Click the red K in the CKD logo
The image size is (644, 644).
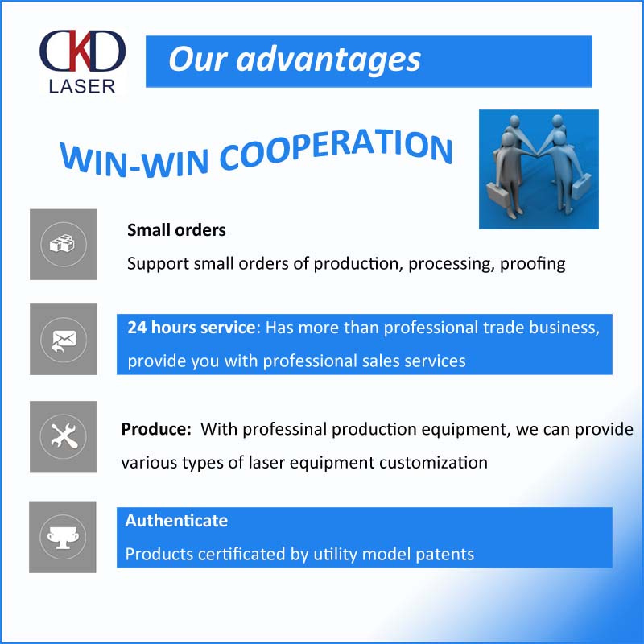(80, 50)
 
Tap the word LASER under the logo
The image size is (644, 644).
(82, 87)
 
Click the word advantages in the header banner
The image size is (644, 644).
(328, 60)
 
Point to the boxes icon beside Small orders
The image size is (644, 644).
(64, 244)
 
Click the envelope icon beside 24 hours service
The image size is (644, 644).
(64, 341)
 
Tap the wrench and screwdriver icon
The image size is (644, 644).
(64, 436)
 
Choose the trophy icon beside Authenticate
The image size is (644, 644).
(63, 537)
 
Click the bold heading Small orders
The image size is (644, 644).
(176, 230)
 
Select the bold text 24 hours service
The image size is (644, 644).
(192, 328)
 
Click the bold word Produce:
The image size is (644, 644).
(156, 429)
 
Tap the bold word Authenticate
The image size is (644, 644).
(176, 521)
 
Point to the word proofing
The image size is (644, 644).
(533, 264)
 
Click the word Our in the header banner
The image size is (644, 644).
(197, 60)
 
